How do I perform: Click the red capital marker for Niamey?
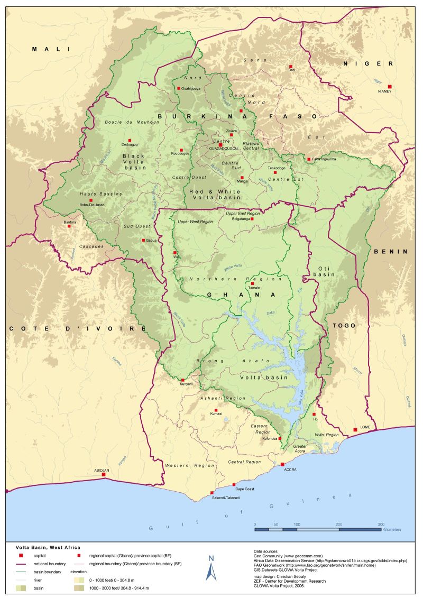pyautogui.click(x=390, y=86)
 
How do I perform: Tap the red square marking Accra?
pyautogui.click(x=282, y=464)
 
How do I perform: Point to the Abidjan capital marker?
pyautogui.click(x=104, y=475)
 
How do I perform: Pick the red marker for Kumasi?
pyautogui.click(x=216, y=410)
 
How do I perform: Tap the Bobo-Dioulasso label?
pyautogui.click(x=92, y=205)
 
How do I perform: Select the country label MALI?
pyautogui.click(x=51, y=49)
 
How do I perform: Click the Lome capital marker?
pyautogui.click(x=355, y=430)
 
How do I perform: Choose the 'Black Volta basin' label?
pyautogui.click(x=133, y=162)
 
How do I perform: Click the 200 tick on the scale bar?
pyautogui.click(x=338, y=523)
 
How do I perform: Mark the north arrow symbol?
pyautogui.click(x=211, y=568)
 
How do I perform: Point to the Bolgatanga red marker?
pyautogui.click(x=252, y=218)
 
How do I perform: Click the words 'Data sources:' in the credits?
pyautogui.click(x=270, y=551)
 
